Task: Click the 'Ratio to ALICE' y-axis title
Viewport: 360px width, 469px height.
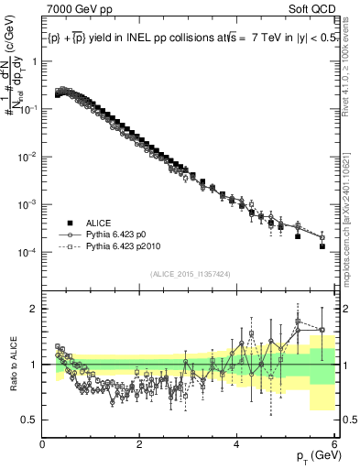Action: pos(11,365)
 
